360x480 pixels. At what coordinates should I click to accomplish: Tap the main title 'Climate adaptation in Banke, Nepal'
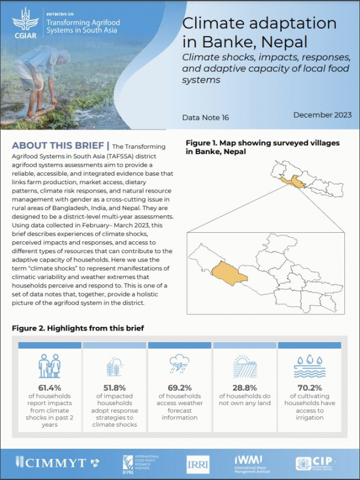point(259,34)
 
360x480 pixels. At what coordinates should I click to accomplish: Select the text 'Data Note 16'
point(205,118)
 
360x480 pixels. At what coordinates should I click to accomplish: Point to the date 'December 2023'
point(322,115)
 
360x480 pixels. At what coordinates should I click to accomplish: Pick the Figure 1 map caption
point(263,148)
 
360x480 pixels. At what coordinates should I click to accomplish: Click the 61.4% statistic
point(50,387)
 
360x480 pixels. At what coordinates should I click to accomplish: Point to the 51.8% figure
point(115,387)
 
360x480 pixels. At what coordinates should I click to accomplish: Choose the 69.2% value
point(179,387)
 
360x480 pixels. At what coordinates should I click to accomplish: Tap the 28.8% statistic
point(244,387)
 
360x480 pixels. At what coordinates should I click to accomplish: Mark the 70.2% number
point(309,387)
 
